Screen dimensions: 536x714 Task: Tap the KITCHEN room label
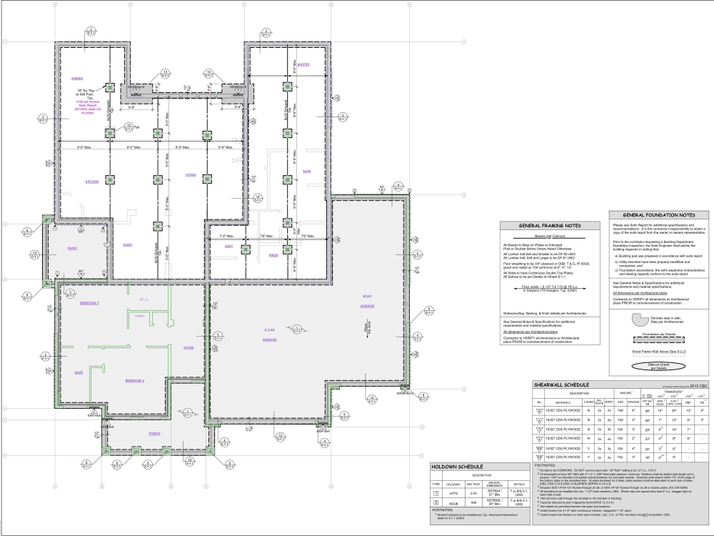tap(91, 181)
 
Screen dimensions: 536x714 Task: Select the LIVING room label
tap(191, 174)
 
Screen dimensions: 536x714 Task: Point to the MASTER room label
tap(303, 64)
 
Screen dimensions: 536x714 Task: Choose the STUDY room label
tap(128, 245)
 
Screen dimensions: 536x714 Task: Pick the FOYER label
tap(188, 348)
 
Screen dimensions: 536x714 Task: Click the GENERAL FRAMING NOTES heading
tap(550, 226)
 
